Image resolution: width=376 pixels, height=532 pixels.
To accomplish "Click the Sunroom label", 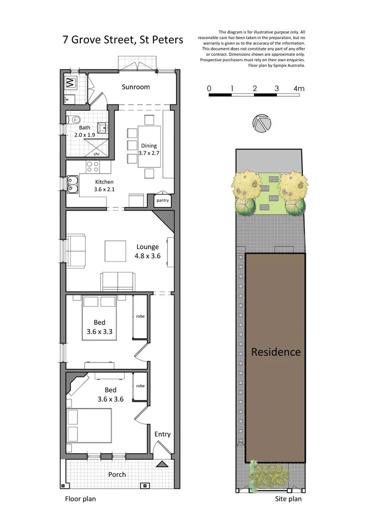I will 135,87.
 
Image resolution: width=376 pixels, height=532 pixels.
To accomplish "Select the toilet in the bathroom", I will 76,119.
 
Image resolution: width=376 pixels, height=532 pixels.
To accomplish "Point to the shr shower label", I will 96,153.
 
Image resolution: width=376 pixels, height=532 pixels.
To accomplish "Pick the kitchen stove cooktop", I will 93,166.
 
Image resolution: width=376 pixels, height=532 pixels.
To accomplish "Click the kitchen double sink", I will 72,183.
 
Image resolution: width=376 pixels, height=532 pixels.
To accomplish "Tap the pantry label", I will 162,200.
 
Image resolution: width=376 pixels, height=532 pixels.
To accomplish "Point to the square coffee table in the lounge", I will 115,251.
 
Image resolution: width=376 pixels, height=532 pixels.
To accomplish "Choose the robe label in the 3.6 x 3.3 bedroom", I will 140,316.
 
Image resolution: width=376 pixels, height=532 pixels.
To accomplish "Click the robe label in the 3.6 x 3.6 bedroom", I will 140,386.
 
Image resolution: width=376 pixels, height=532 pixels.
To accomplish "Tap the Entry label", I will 162,434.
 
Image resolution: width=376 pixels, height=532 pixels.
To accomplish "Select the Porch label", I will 117,474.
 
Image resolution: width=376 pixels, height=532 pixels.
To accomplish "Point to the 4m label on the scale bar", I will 299,89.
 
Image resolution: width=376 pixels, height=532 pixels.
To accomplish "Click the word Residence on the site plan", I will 276,352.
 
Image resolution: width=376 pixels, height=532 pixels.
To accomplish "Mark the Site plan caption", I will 288,499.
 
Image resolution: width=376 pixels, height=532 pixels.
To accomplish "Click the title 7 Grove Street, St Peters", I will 123,40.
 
